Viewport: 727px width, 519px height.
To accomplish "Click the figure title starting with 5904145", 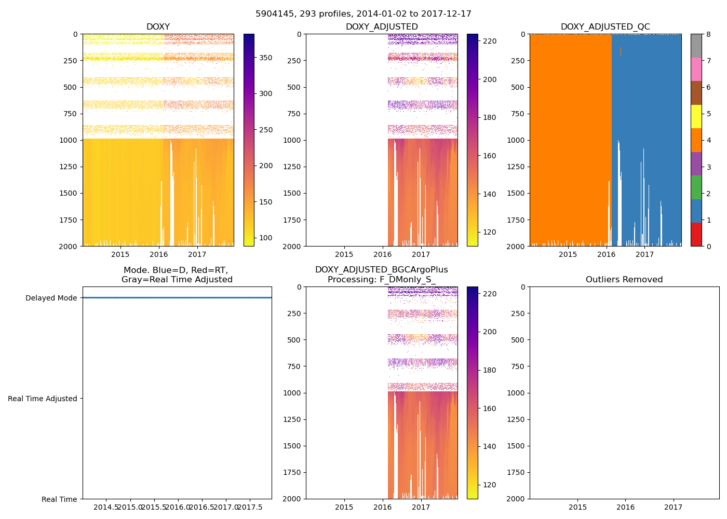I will (363, 14).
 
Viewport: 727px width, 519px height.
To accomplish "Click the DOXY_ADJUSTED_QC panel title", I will (605, 27).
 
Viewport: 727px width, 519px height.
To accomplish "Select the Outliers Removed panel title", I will (624, 280).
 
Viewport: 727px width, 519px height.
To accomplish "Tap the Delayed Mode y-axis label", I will (51, 298).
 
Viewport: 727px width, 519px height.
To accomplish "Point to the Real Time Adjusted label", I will (43, 399).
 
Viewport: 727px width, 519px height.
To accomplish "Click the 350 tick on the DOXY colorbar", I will (266, 58).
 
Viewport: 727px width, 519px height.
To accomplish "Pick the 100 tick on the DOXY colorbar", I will (266, 238).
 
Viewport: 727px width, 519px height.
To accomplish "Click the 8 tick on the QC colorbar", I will (708, 34).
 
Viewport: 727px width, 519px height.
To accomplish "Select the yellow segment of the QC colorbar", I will (696, 116).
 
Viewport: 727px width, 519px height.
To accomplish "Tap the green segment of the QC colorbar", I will (696, 187).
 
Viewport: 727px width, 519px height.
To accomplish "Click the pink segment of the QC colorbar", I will (696, 69).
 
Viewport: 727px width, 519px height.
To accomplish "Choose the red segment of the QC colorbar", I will (696, 234).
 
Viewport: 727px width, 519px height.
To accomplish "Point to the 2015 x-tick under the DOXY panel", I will (120, 254).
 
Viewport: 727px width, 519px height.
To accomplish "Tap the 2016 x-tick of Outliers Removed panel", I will (626, 507).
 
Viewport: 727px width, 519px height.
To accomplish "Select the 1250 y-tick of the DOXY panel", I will (68, 167).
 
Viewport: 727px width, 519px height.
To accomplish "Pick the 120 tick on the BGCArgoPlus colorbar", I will (489, 485).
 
